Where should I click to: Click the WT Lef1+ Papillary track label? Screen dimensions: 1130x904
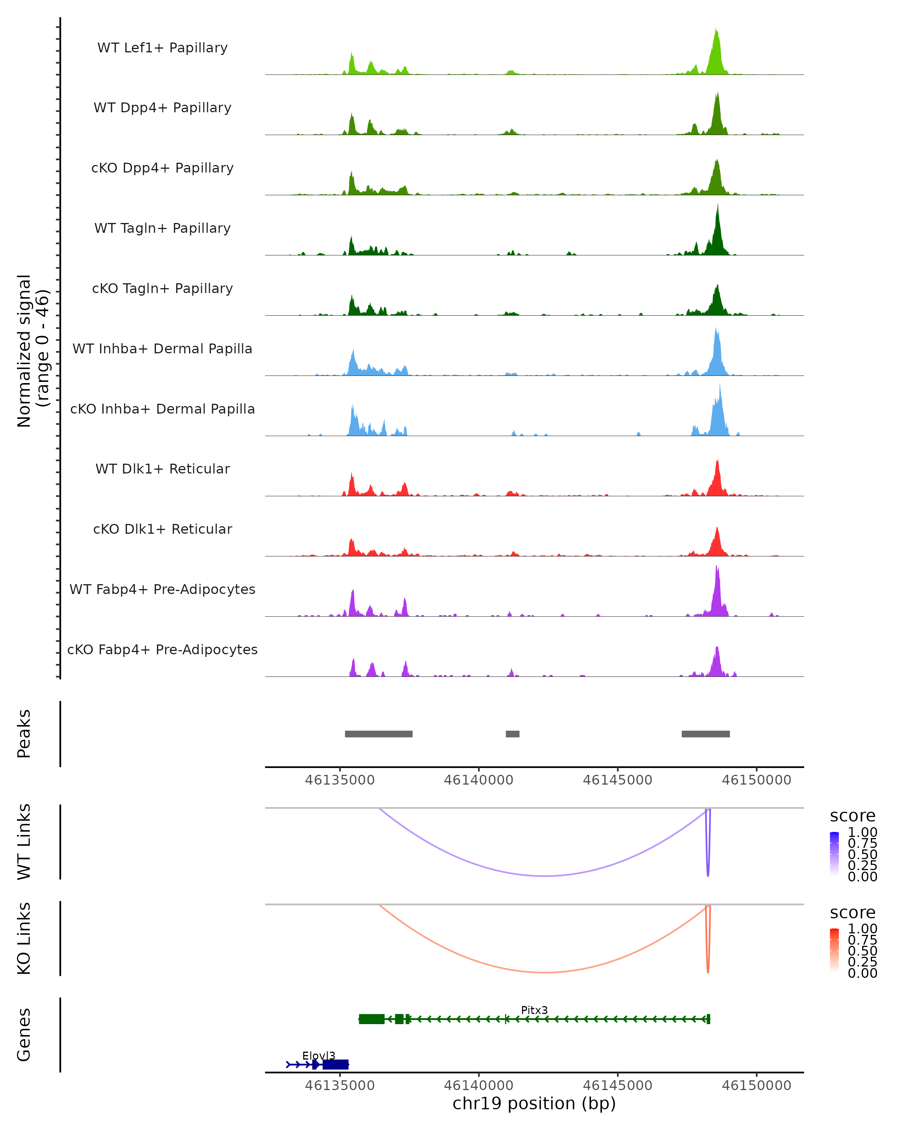[162, 48]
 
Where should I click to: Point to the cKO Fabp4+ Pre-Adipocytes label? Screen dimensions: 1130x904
[162, 649]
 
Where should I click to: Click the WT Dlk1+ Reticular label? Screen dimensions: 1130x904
[162, 469]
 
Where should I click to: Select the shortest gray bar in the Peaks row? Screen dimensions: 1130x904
[513, 734]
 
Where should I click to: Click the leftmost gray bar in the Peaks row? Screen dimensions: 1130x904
[379, 734]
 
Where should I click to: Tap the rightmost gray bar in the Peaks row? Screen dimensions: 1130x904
[705, 734]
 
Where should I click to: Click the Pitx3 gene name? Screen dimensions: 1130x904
[534, 1010]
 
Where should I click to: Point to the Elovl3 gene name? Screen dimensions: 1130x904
[319, 1055]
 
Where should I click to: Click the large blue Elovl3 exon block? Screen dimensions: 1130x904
[335, 1064]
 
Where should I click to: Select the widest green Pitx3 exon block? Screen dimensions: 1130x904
[371, 1019]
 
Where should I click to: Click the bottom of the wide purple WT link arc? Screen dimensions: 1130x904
[545, 876]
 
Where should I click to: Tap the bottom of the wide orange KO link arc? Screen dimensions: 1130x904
[545, 972]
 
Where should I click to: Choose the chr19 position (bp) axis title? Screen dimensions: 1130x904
[534, 1103]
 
